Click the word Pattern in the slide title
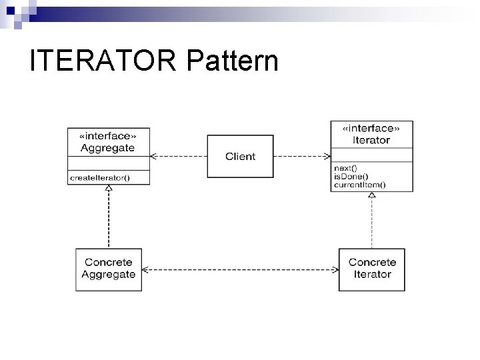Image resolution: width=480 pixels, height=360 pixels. [233, 61]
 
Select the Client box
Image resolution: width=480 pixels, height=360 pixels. [240, 157]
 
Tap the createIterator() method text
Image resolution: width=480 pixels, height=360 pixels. [99, 177]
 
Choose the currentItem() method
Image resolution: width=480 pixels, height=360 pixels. [359, 184]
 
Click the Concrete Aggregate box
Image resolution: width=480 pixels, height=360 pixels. [109, 269]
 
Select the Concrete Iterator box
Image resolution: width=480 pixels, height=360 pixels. [372, 269]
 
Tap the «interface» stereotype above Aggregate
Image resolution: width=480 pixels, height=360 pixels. [108, 137]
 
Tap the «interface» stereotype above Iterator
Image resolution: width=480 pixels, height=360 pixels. [372, 129]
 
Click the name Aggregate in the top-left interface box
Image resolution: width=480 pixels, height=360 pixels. [108, 147]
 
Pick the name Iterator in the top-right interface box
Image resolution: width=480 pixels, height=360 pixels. [372, 140]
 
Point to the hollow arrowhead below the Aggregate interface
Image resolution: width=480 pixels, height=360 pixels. [109, 189]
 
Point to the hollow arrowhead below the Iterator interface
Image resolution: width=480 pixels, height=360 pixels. [372, 196]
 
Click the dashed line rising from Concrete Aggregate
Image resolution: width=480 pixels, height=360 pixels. [109, 220]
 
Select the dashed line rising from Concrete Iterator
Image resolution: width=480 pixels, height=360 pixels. [372, 224]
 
